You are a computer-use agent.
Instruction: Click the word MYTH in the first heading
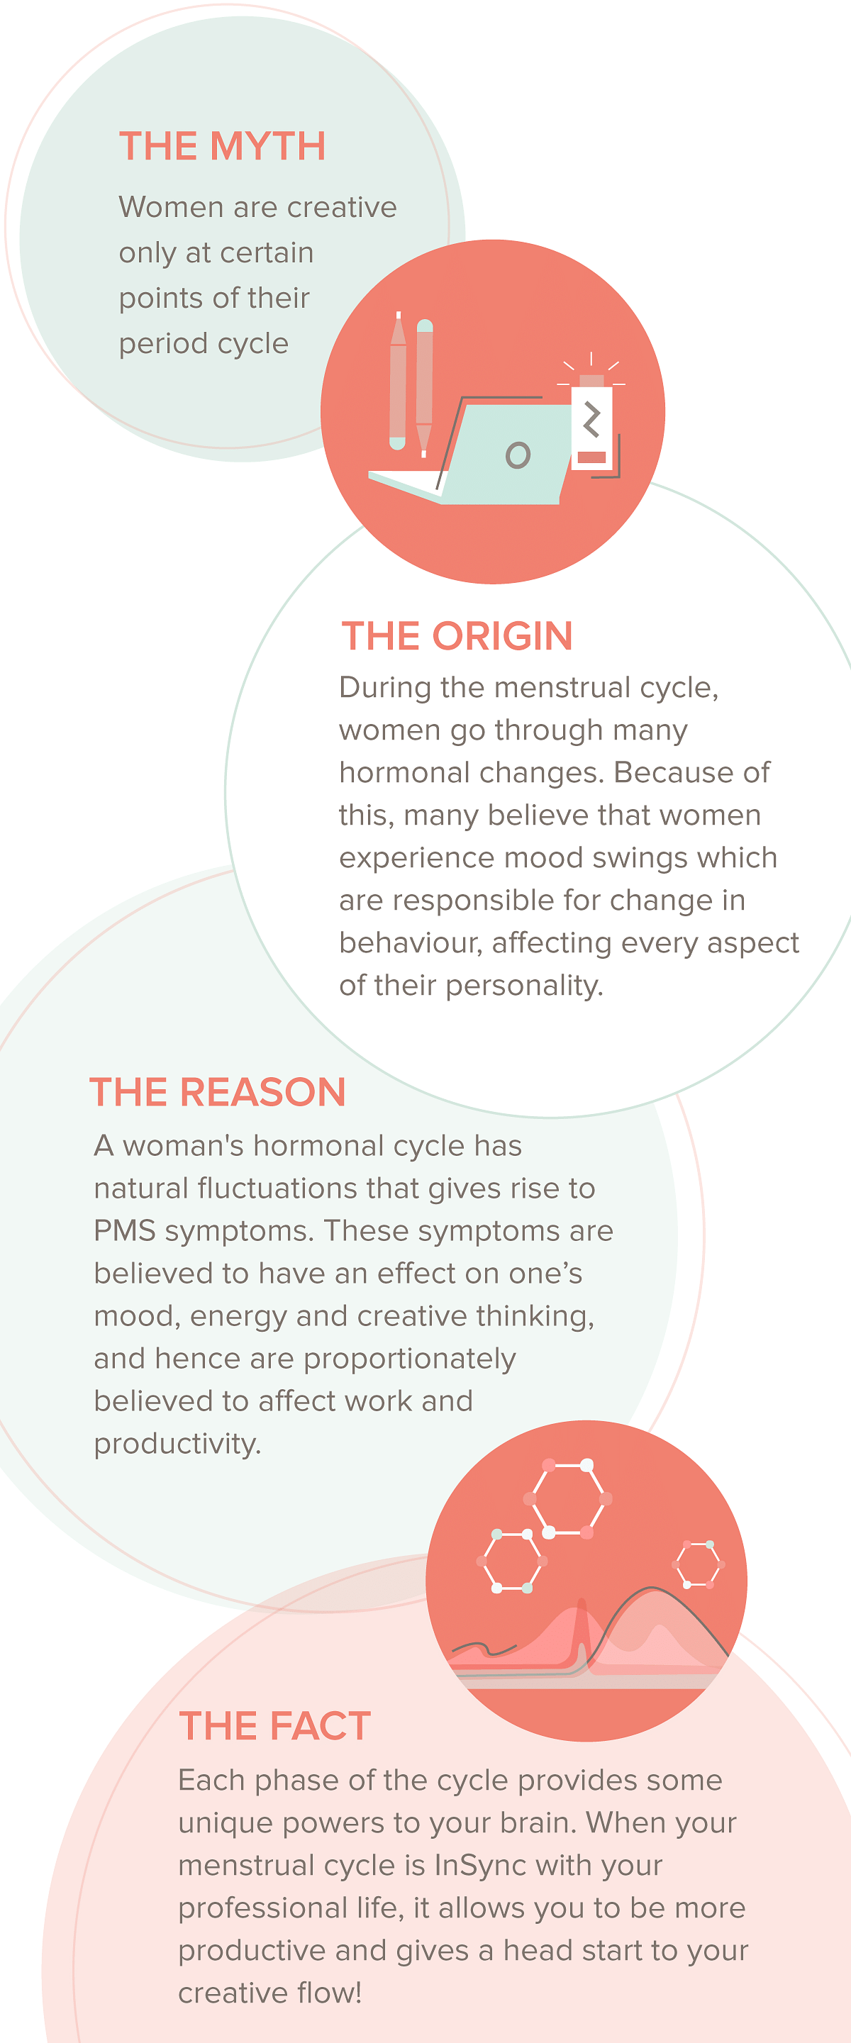pos(268,147)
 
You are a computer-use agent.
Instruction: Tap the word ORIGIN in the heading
pos(503,636)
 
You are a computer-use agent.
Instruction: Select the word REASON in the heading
pos(262,1092)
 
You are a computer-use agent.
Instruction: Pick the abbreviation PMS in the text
pos(125,1231)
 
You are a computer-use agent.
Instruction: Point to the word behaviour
pos(411,943)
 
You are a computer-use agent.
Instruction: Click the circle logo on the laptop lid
pos(518,455)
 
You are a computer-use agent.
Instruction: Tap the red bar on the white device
pos(591,457)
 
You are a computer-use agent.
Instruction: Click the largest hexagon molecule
pos(568,1499)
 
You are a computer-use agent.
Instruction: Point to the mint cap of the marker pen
pos(424,325)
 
